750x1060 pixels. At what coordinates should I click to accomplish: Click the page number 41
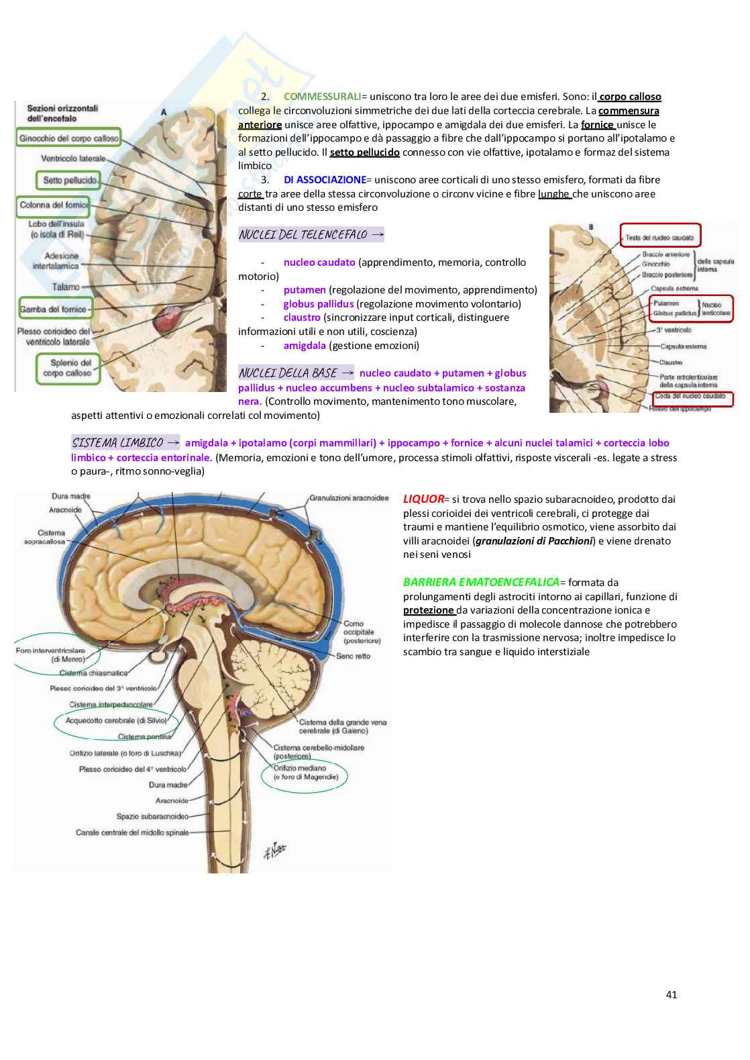[672, 994]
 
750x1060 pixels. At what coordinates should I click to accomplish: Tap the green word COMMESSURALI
[322, 97]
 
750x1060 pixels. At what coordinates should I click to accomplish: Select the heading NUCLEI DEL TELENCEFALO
[303, 235]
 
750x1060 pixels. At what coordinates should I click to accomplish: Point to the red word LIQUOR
[423, 499]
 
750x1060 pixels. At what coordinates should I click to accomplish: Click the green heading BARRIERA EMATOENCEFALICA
[481, 582]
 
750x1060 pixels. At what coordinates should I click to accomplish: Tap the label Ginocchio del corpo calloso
[69, 138]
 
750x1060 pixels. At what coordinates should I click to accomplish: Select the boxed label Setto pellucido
[70, 180]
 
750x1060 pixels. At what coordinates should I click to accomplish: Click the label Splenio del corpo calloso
[67, 368]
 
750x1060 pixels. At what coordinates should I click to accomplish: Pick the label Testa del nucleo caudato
[660, 237]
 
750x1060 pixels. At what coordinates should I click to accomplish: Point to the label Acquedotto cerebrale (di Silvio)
[115, 720]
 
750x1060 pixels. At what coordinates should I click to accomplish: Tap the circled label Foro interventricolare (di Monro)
[50, 655]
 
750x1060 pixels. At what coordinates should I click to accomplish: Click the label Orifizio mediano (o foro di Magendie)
[305, 773]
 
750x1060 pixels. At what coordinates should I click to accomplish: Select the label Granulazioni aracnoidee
[349, 498]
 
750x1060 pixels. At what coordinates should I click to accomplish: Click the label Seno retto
[353, 656]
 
